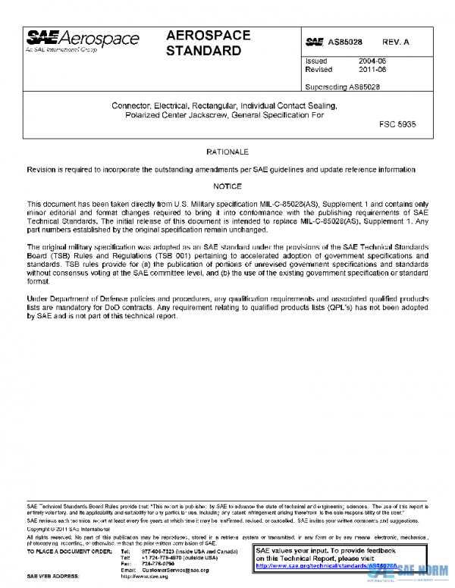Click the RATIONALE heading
tap(227, 152)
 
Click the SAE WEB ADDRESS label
tap(55, 577)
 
